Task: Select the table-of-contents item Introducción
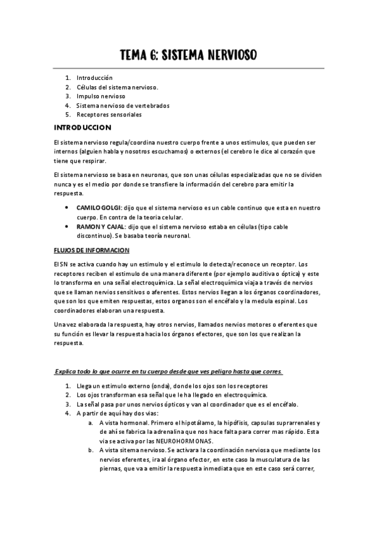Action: (x=94, y=77)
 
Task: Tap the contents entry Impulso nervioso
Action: (x=101, y=96)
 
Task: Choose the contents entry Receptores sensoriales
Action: (x=109, y=115)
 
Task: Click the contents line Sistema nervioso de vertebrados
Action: (x=123, y=106)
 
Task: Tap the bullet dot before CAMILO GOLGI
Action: (x=67, y=207)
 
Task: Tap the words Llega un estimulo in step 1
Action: (x=99, y=385)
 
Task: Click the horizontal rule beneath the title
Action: (x=188, y=67)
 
